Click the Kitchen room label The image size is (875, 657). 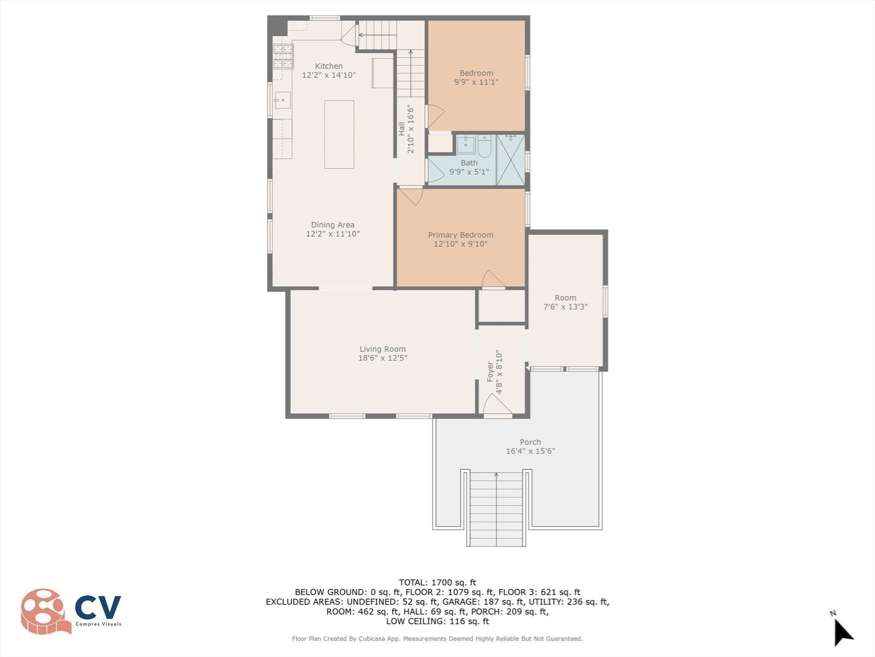(x=329, y=66)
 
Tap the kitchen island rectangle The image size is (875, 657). (x=339, y=134)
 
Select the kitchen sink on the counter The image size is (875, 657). (x=282, y=101)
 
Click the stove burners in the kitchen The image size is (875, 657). (x=283, y=56)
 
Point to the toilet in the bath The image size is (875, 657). (x=485, y=145)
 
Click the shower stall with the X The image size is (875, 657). (x=510, y=160)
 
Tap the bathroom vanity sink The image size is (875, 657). (x=465, y=144)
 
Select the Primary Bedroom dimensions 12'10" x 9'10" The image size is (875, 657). (x=460, y=244)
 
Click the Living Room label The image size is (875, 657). (x=382, y=349)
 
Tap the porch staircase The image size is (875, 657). (x=496, y=509)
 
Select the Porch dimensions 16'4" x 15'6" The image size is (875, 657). (x=530, y=451)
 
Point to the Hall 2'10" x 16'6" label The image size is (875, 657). (x=406, y=129)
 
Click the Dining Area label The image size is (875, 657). (x=332, y=225)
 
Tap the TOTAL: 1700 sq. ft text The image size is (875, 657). (x=437, y=582)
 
